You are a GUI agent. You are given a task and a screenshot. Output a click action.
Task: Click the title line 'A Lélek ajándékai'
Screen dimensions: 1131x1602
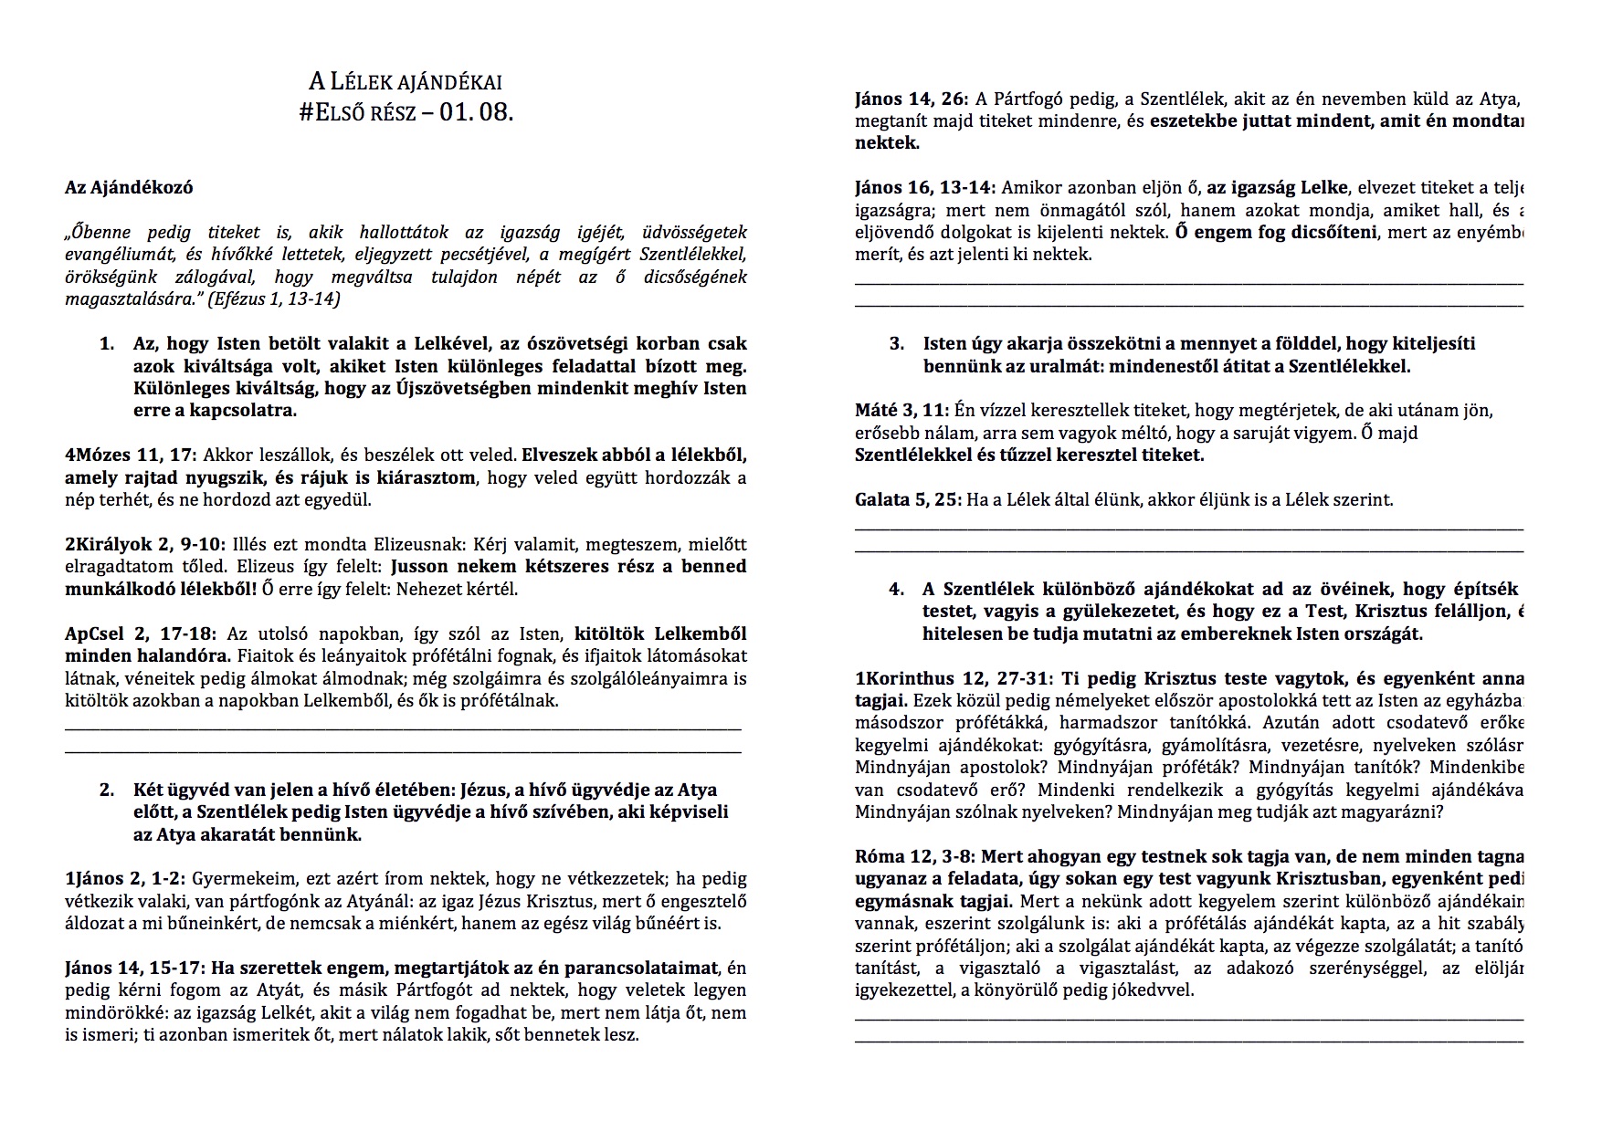click(405, 82)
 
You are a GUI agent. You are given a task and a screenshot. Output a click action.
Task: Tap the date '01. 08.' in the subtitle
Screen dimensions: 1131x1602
click(476, 114)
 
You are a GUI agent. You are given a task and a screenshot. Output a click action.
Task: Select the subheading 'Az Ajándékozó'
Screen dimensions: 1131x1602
click(129, 188)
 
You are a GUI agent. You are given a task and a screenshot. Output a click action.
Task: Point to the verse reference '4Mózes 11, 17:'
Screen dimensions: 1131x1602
click(131, 456)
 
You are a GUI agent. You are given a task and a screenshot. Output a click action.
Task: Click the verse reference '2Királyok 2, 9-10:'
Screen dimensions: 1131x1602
click(143, 545)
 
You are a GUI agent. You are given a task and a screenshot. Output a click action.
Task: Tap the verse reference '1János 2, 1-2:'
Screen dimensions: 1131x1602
click(125, 879)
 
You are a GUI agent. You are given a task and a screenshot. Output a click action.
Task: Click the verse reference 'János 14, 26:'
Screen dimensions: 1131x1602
click(912, 99)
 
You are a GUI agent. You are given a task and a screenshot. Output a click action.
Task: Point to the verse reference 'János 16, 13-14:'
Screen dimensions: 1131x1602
click(925, 189)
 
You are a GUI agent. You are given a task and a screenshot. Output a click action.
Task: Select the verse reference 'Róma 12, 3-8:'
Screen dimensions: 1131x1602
click(913, 857)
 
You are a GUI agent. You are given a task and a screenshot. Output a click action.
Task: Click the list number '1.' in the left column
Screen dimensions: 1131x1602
click(108, 345)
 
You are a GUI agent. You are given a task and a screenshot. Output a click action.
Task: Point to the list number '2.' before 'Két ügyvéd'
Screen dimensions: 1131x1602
click(108, 791)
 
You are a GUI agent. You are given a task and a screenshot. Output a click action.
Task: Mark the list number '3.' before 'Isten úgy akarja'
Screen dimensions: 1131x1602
click(897, 345)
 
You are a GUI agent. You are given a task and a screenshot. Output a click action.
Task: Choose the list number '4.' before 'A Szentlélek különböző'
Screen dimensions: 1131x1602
click(897, 590)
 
